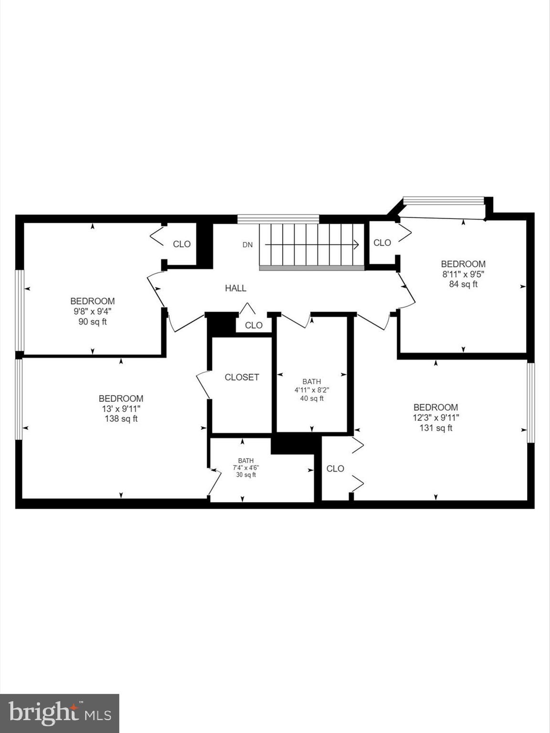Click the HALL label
pyautogui.click(x=235, y=288)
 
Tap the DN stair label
pyautogui.click(x=247, y=245)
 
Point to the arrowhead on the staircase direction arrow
pyautogui.click(x=356, y=244)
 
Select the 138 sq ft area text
pyautogui.click(x=121, y=419)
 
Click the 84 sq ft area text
pyautogui.click(x=463, y=284)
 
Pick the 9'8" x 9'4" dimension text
pyautogui.click(x=92, y=311)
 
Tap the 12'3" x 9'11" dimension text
pyautogui.click(x=435, y=418)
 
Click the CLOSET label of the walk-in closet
pyautogui.click(x=242, y=377)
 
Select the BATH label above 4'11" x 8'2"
pyautogui.click(x=311, y=381)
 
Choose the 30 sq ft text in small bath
pyautogui.click(x=246, y=475)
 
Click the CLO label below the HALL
pyautogui.click(x=254, y=325)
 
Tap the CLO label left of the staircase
pyautogui.click(x=181, y=244)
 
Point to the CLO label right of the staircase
pyautogui.click(x=382, y=243)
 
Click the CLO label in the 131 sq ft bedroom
pyautogui.click(x=335, y=469)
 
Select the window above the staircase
pyautogui.click(x=278, y=219)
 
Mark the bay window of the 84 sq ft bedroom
pyautogui.click(x=444, y=200)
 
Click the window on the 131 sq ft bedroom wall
pyautogui.click(x=530, y=402)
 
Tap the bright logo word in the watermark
pyautogui.click(x=43, y=713)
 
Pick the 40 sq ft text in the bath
pyautogui.click(x=311, y=398)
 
